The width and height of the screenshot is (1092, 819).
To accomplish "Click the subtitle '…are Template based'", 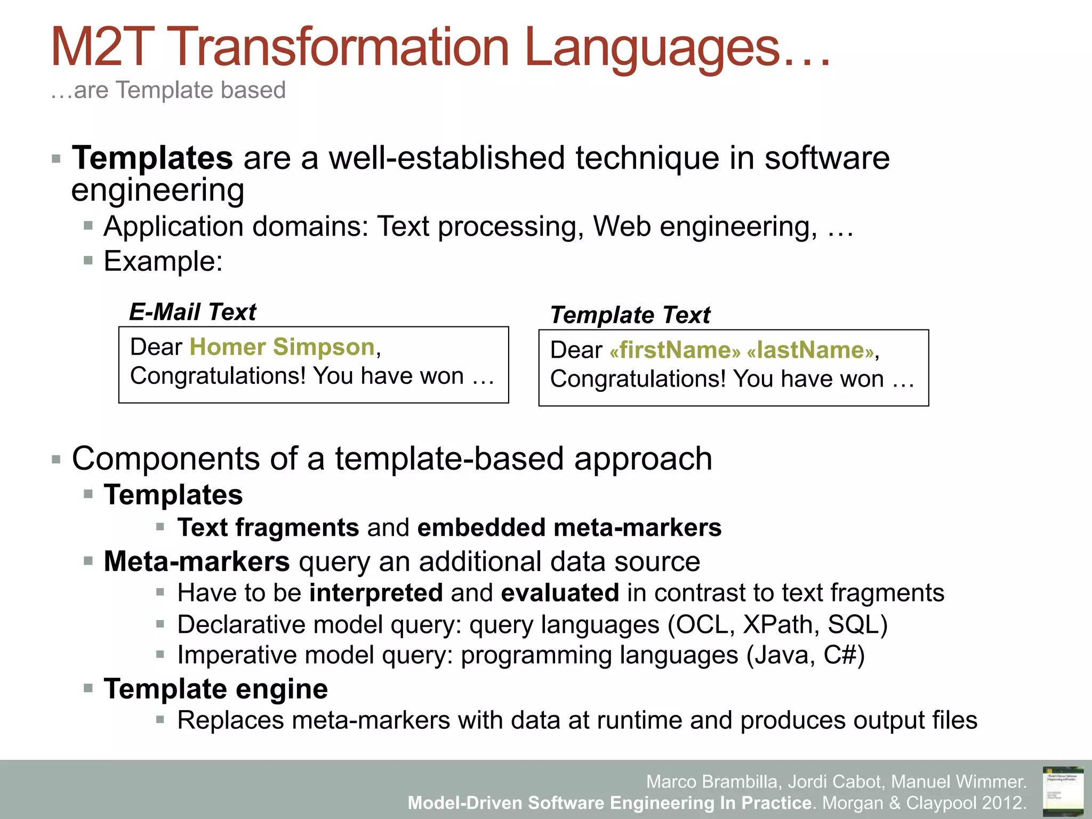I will [x=168, y=90].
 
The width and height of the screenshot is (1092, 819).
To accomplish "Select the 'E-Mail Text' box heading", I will [x=192, y=312].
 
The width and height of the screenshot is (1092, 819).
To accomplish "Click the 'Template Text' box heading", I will [x=630, y=315].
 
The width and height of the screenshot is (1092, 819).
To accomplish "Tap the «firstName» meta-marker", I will [x=675, y=350].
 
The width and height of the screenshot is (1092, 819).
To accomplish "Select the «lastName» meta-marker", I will [x=811, y=350].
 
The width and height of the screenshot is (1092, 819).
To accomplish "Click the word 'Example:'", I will [x=163, y=261].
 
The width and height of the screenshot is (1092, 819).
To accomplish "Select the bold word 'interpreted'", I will [x=376, y=593].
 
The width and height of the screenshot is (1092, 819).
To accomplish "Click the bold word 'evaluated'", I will [x=560, y=593].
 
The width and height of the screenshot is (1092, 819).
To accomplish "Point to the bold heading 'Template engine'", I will [x=216, y=689].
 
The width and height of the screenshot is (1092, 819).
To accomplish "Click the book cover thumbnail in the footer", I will [x=1063, y=791].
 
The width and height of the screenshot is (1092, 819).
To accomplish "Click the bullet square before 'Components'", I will [x=57, y=460].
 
